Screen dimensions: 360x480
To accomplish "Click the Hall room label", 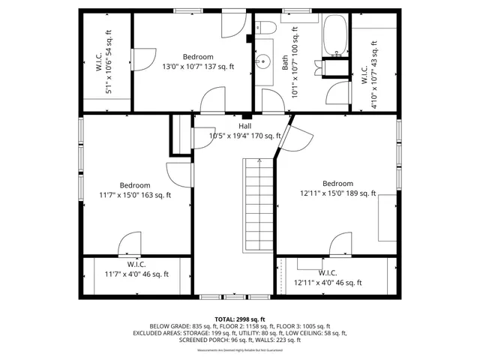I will [245, 126].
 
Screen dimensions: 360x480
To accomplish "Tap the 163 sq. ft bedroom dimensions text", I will [135, 195].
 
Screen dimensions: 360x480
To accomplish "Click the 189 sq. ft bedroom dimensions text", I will [337, 193].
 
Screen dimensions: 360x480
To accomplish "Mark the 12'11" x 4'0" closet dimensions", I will [328, 283].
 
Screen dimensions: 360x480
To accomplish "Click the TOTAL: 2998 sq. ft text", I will [240, 319].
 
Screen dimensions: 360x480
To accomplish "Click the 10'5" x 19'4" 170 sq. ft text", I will [245, 136].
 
